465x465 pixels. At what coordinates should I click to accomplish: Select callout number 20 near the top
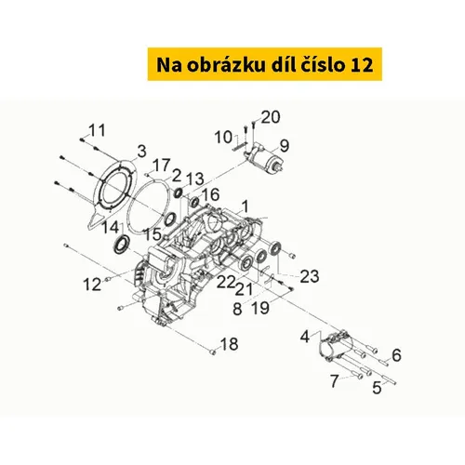pos(271,117)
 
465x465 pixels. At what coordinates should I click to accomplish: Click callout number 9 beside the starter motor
pos(285,146)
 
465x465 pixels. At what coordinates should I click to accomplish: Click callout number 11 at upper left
pos(98,130)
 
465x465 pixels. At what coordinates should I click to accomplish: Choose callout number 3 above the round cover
pos(141,152)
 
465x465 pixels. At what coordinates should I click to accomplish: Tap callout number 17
pos(162,166)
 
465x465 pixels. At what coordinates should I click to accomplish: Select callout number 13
pos(194,179)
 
